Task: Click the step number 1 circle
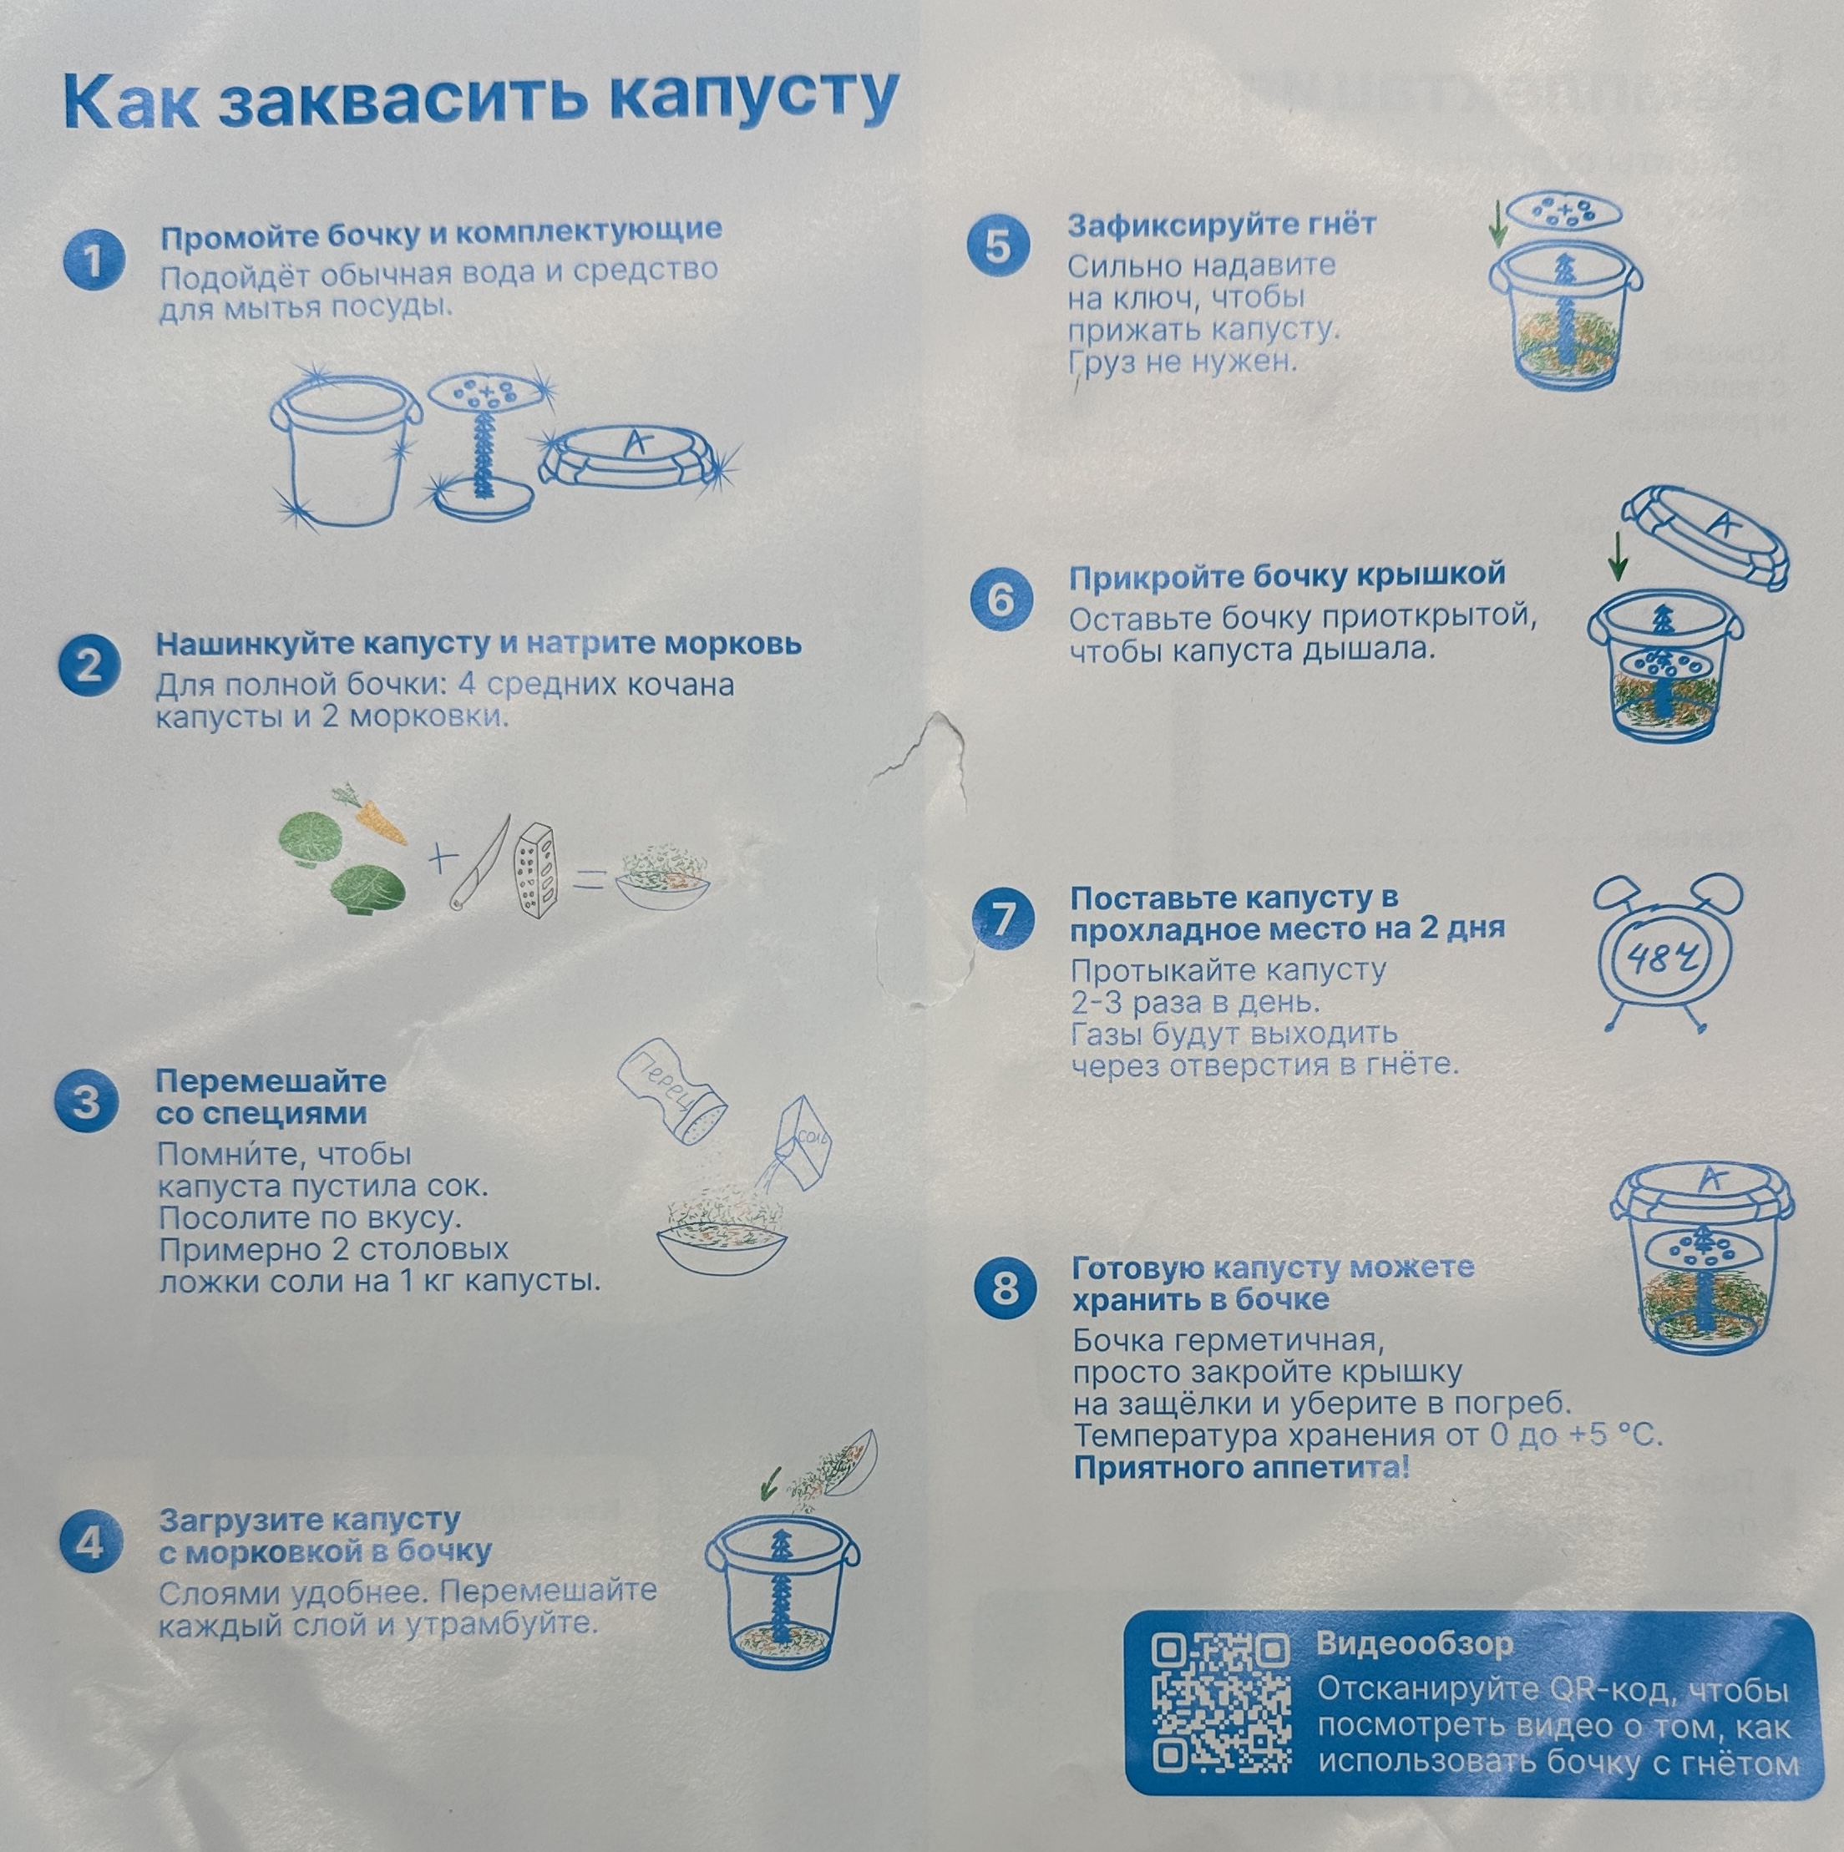94,260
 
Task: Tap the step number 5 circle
998,245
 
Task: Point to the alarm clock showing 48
1668,952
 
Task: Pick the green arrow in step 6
1617,556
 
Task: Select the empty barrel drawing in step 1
342,453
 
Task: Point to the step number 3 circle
87,1101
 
